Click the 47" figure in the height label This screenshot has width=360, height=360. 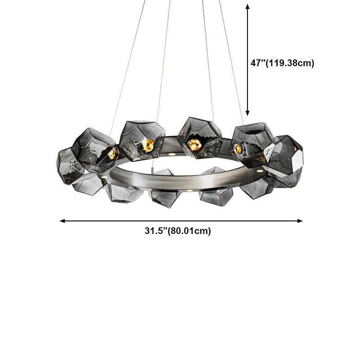click(x=258, y=63)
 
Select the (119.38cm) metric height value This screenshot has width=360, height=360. click(x=290, y=63)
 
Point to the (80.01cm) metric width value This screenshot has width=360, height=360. click(x=189, y=231)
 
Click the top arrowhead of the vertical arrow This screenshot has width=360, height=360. click(x=247, y=6)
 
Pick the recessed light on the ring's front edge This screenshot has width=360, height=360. click(x=189, y=192)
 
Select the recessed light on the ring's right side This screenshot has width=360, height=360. click(x=260, y=171)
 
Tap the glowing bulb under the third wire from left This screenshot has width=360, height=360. click(x=194, y=144)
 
